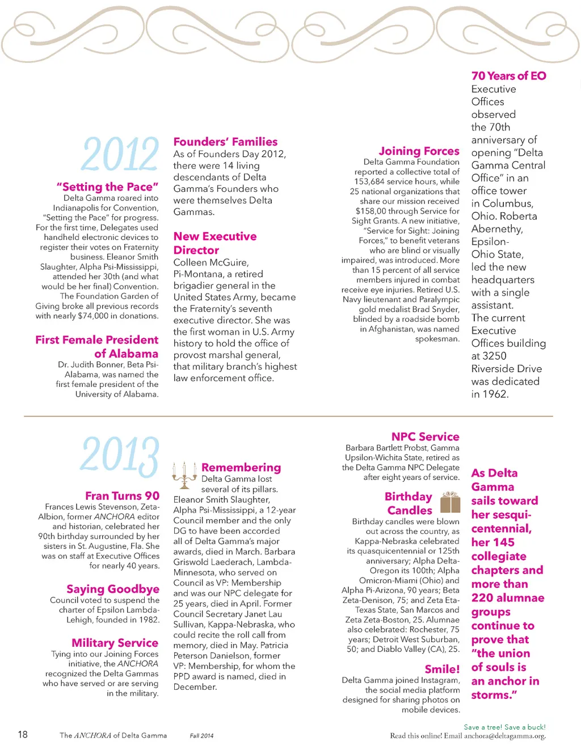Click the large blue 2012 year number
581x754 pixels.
click(120, 154)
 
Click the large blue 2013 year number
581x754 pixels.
click(120, 456)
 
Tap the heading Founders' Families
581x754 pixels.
click(225, 142)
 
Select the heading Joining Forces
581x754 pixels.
click(419, 151)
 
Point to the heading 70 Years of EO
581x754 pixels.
click(508, 76)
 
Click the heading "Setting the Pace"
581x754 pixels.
click(107, 187)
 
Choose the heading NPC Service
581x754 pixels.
click(425, 437)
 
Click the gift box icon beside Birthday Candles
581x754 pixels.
click(451, 502)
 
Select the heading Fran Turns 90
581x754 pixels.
click(122, 496)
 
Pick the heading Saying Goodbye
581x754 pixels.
click(113, 589)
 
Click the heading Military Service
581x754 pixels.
click(115, 643)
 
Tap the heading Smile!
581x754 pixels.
click(442, 669)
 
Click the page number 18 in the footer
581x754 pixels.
click(23, 735)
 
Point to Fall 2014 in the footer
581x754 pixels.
click(201, 736)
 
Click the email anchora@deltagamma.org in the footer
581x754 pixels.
click(504, 736)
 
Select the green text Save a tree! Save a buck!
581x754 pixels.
click(504, 727)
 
